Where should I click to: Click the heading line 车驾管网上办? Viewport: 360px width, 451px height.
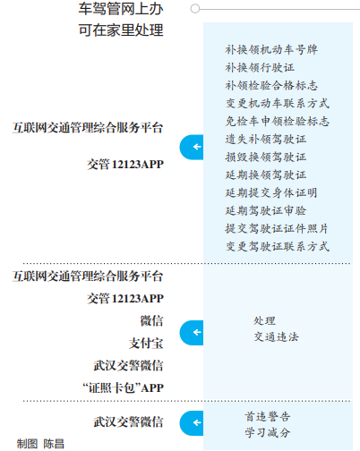point(121,9)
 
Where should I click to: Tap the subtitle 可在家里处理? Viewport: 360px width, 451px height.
point(121,30)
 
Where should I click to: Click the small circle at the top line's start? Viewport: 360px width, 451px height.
point(195,9)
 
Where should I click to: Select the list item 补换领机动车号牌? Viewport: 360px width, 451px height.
point(271,49)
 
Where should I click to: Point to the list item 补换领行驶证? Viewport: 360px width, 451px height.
point(260,67)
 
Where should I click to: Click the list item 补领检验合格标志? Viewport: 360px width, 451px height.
point(271,85)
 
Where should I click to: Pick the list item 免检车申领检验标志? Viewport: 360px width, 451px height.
point(278,121)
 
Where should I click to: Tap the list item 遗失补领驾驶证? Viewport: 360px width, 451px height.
point(266,139)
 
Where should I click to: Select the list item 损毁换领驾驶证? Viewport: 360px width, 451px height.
point(266,157)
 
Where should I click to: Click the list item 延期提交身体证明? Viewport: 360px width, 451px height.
point(271,192)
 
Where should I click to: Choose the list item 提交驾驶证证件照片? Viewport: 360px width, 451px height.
point(277,228)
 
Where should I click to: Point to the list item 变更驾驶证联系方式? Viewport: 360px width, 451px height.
point(278,246)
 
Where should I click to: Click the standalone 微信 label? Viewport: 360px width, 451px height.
point(151,321)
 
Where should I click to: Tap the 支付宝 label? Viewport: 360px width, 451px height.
point(146,344)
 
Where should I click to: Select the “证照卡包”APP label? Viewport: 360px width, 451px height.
point(123,388)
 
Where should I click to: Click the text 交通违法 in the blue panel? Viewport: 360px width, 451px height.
point(277,337)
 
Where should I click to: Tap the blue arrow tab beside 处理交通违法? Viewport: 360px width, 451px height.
point(192,333)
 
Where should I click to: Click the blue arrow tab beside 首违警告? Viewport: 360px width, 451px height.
point(192,423)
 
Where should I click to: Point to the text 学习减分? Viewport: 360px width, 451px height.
point(268,432)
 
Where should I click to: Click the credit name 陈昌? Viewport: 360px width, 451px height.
point(54,444)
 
